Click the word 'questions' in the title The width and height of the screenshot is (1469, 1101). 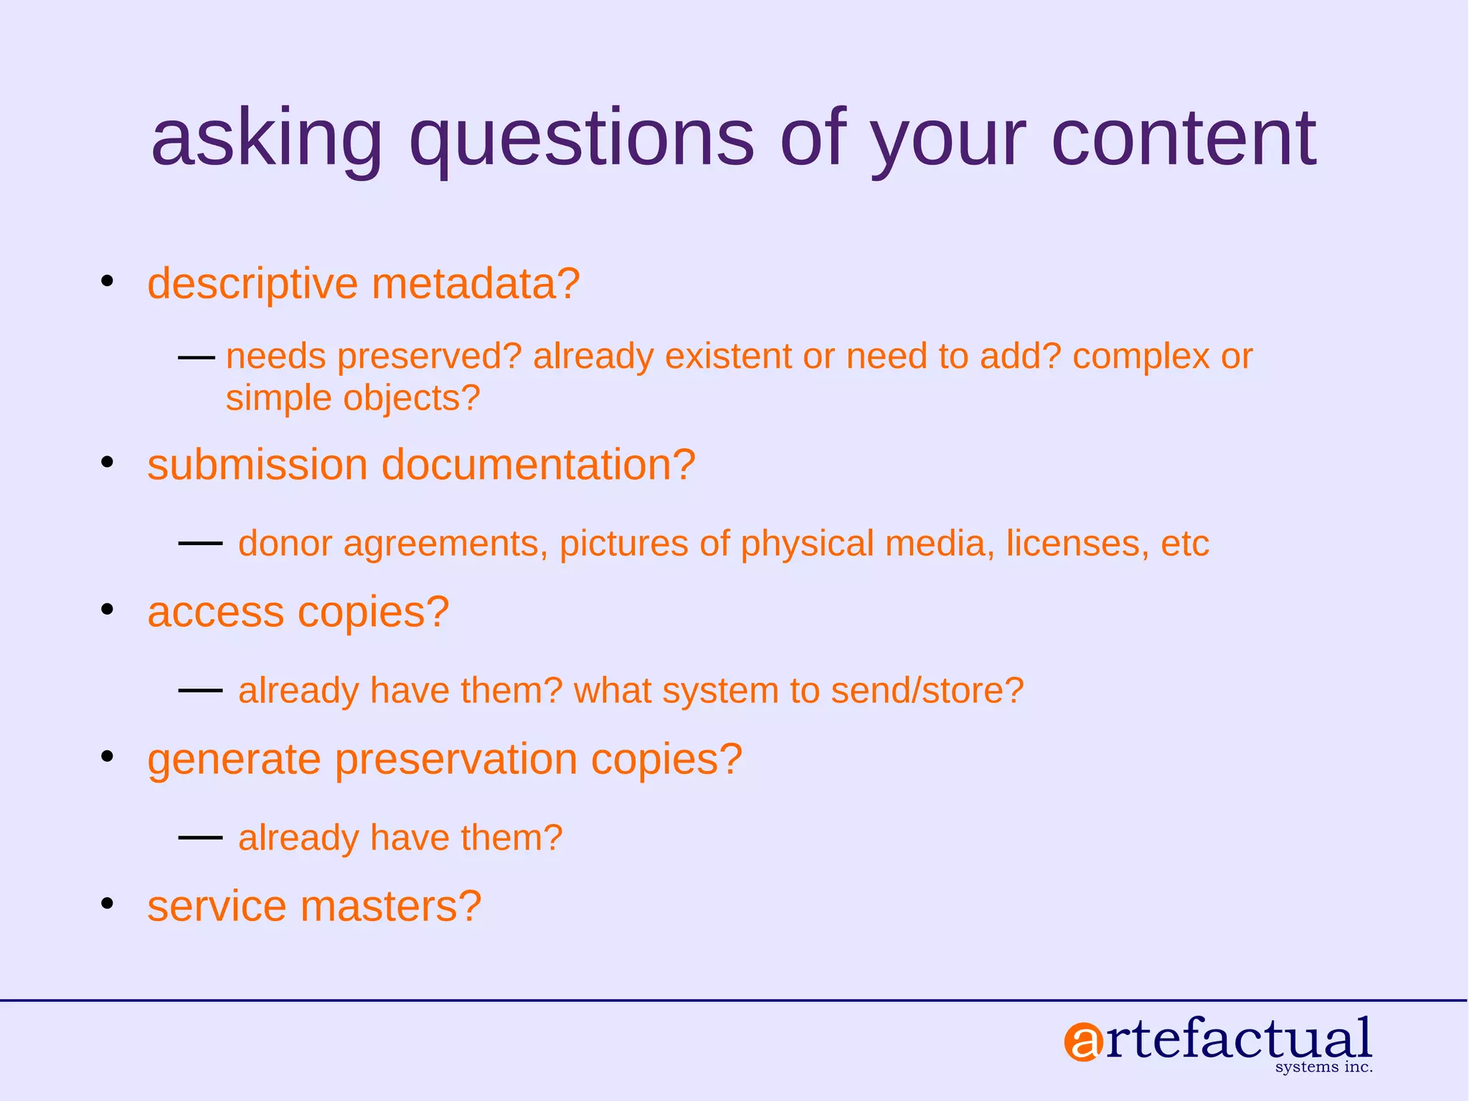click(581, 140)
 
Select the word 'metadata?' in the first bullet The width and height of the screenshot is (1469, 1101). click(476, 283)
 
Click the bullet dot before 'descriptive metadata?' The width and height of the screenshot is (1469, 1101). click(108, 280)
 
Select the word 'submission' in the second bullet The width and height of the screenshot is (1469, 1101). click(258, 465)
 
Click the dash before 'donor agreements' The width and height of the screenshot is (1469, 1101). click(200, 544)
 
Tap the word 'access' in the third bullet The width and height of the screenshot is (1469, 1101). click(216, 613)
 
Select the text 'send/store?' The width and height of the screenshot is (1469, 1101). click(927, 691)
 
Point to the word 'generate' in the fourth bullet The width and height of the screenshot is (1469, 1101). click(234, 760)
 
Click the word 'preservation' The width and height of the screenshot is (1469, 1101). click(455, 760)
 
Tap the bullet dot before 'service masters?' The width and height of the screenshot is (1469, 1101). click(108, 903)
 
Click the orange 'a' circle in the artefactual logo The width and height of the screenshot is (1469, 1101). click(1082, 1042)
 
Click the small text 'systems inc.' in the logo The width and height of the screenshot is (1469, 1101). click(1323, 1067)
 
